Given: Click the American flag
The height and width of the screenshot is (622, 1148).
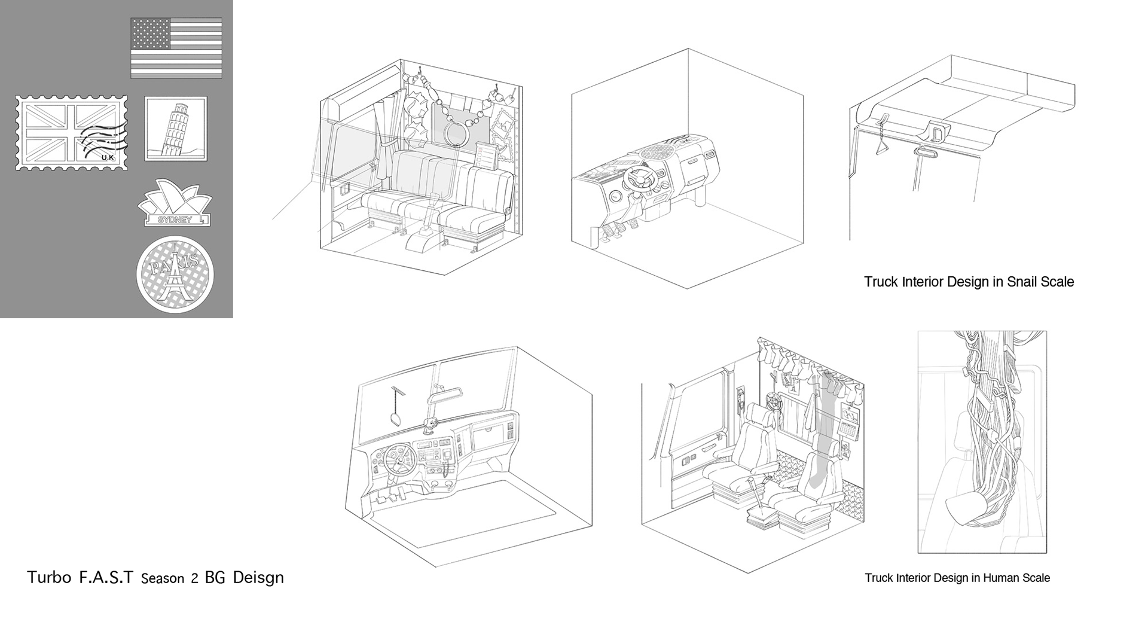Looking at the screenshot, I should pyautogui.click(x=176, y=48).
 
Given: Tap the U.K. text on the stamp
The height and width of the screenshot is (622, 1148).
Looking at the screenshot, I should pyautogui.click(x=108, y=157).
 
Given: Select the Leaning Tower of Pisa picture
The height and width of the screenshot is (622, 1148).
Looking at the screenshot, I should pyautogui.click(x=176, y=129).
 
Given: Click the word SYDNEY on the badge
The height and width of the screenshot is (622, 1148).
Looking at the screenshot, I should pyautogui.click(x=175, y=219).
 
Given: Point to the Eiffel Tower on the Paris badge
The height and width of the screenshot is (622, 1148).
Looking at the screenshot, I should pyautogui.click(x=174, y=278).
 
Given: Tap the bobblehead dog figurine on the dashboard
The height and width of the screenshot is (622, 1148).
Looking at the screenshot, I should pyautogui.click(x=429, y=425).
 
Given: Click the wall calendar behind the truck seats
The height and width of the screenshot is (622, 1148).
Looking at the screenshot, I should pyautogui.click(x=850, y=422).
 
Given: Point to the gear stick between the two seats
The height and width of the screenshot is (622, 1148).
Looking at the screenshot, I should pyautogui.click(x=756, y=501).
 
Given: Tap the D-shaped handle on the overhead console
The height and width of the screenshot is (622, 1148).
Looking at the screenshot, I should pyautogui.click(x=938, y=131).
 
